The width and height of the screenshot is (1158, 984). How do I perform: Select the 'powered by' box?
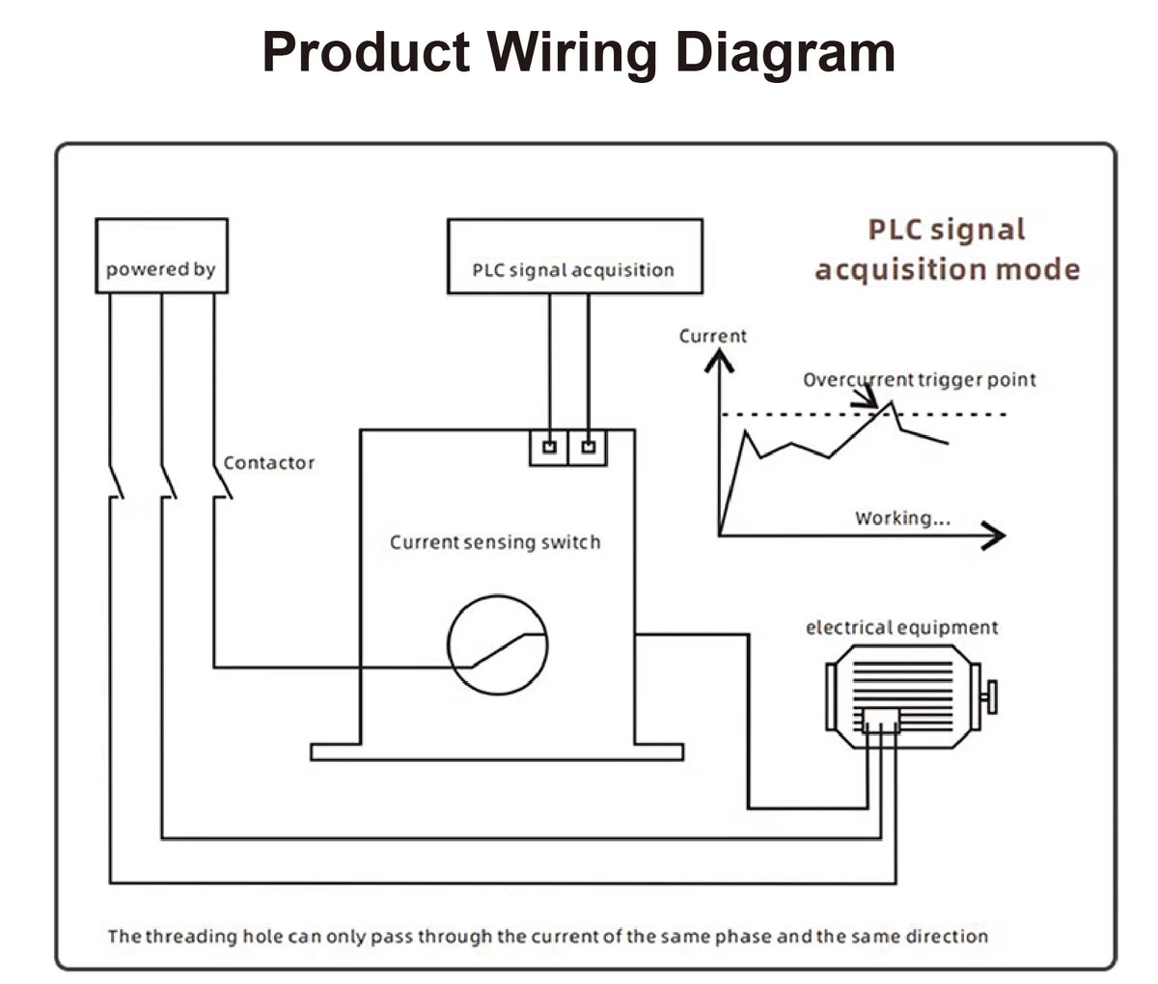[x=161, y=256]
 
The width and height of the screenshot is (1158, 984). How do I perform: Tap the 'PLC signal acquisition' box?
[x=575, y=256]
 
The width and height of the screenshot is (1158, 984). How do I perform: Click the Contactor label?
[x=269, y=463]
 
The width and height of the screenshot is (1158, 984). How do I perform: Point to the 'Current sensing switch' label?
[x=495, y=542]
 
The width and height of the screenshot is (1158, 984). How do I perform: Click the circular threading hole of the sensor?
[x=498, y=596]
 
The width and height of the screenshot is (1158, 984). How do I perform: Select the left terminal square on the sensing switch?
[x=550, y=447]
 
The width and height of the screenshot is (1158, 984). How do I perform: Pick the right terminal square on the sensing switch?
[x=589, y=447]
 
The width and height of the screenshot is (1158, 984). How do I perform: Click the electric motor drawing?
[x=911, y=697]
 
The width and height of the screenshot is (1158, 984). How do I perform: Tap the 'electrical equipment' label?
[x=902, y=627]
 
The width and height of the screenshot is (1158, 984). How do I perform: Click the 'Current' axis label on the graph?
[x=712, y=336]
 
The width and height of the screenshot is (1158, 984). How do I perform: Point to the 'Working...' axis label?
[x=902, y=518]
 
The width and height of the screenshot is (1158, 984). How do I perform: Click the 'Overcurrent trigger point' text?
[x=920, y=380]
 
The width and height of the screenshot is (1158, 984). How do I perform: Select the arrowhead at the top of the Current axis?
[x=719, y=360]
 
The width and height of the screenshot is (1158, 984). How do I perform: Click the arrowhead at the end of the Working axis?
[x=993, y=536]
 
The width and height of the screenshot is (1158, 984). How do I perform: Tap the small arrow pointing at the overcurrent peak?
[x=866, y=398]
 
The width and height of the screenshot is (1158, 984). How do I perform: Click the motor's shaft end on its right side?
[x=992, y=697]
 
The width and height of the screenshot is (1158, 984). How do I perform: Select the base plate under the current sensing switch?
[x=497, y=752]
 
